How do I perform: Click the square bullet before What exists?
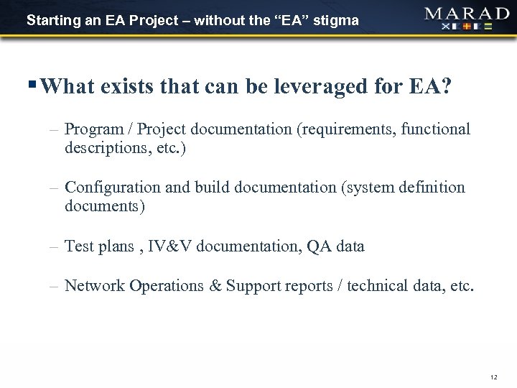point(35,86)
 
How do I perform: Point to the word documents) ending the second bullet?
point(105,206)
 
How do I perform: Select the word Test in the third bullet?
point(78,246)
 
